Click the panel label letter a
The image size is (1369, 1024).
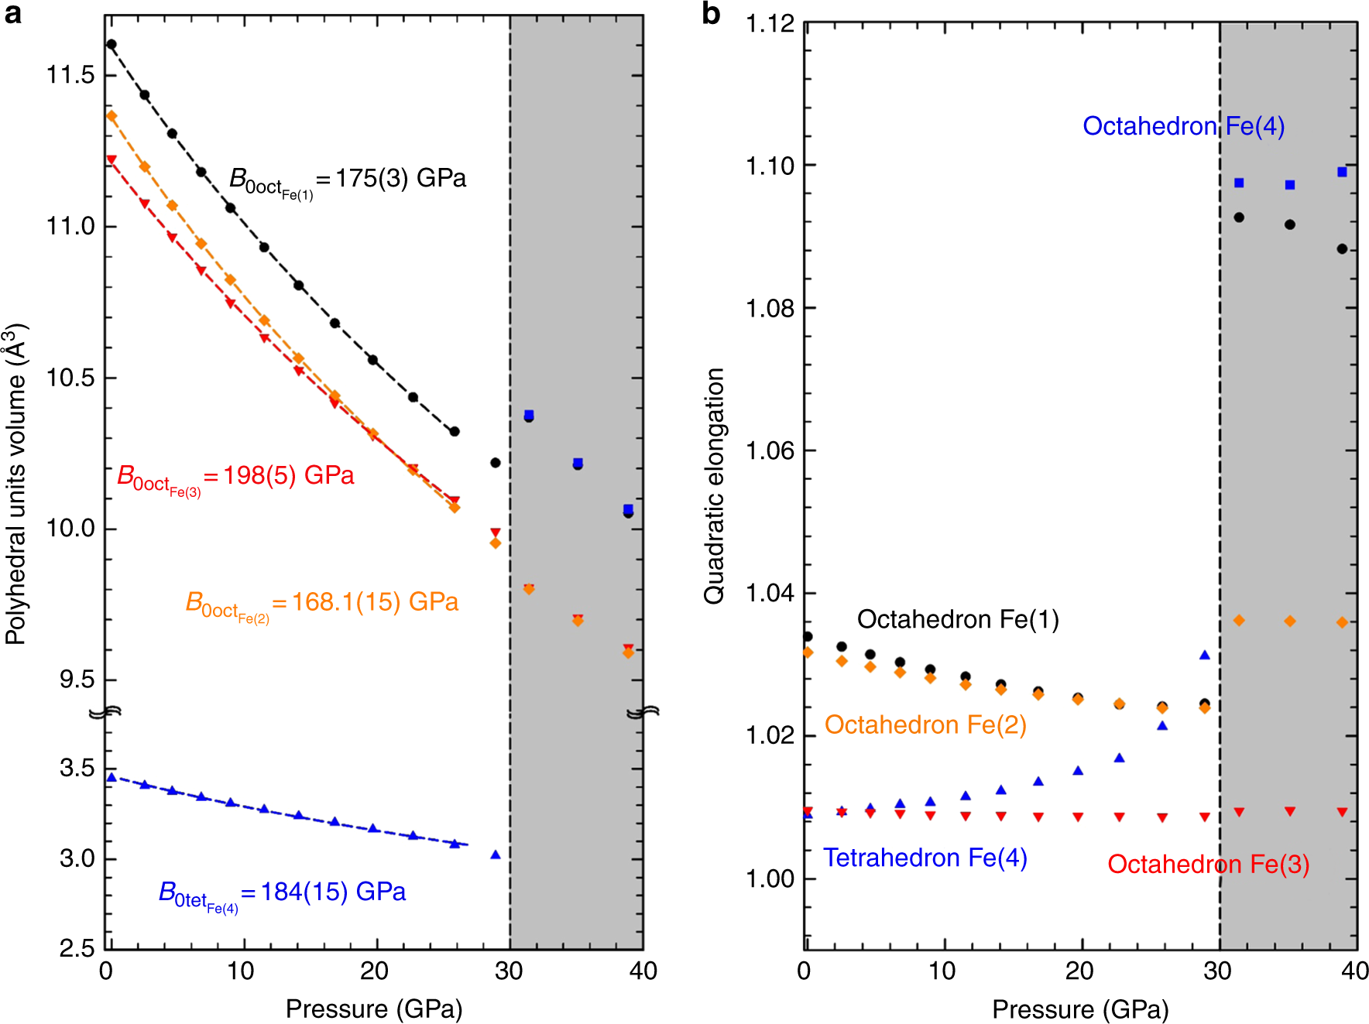[12, 13]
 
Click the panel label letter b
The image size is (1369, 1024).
[711, 13]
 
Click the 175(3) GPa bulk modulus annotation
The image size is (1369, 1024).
[348, 180]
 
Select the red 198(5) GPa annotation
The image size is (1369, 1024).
[235, 478]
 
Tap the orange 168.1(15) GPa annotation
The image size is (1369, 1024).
[322, 604]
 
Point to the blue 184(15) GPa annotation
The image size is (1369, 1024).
[283, 894]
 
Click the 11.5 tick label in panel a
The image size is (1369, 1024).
[70, 75]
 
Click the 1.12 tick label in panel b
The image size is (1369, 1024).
[770, 25]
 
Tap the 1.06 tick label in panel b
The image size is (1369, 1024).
[770, 450]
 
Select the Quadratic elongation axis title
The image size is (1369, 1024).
[713, 485]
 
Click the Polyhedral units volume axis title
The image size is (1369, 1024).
[15, 484]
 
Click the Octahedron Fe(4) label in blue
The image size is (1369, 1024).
[1183, 126]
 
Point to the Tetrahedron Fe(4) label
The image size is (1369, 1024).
[925, 858]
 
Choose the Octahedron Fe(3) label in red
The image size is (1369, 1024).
[1208, 864]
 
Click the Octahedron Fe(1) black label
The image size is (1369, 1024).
[958, 619]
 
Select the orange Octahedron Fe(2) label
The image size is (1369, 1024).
[925, 724]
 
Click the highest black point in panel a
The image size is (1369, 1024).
[112, 44]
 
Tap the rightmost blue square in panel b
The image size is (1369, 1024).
[1342, 172]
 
